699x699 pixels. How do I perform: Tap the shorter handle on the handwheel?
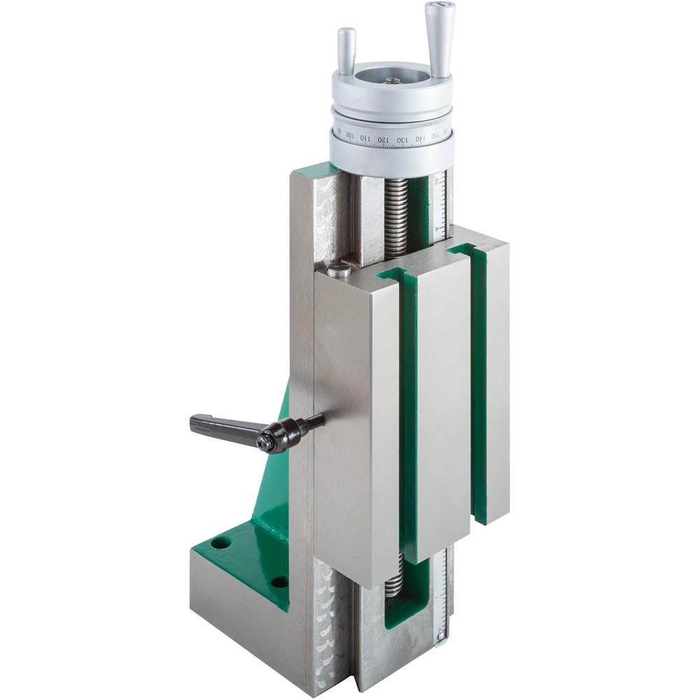(x=347, y=50)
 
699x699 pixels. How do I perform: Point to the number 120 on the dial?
(x=383, y=138)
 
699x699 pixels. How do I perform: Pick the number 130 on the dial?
(x=402, y=140)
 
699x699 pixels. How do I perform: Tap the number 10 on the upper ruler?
(x=437, y=183)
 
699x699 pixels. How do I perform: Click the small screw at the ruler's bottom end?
(x=440, y=636)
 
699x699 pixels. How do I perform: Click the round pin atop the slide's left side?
(x=340, y=268)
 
